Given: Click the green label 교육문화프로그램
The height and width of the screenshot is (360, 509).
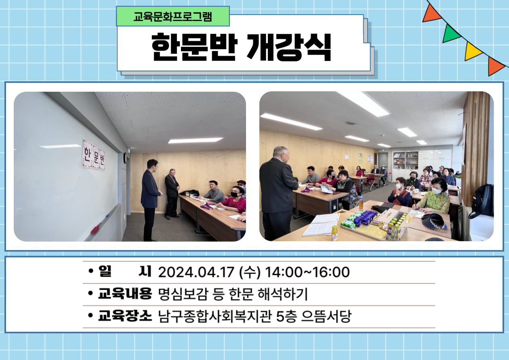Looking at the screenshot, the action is click(x=173, y=17).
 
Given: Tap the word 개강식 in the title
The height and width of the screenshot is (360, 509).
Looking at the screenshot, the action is click(x=289, y=47).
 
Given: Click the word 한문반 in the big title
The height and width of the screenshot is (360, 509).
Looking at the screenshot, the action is click(x=195, y=47).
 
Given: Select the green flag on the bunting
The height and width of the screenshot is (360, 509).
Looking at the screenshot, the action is click(x=450, y=34).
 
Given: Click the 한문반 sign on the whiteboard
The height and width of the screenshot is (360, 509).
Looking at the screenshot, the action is click(x=93, y=154).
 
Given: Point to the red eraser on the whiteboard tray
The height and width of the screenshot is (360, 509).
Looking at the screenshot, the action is click(x=95, y=229).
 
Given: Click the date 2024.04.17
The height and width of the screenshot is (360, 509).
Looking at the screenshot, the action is click(x=196, y=272).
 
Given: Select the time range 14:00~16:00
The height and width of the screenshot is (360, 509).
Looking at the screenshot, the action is click(x=307, y=272).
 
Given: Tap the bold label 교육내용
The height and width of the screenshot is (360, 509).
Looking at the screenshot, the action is click(x=125, y=294).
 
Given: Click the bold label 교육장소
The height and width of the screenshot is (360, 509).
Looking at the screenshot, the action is click(x=125, y=316).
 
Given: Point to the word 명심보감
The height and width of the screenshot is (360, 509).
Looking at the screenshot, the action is click(x=183, y=294).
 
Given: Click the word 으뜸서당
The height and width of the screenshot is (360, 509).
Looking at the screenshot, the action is click(x=326, y=316).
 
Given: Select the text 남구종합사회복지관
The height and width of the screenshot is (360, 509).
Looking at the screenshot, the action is click(x=215, y=316).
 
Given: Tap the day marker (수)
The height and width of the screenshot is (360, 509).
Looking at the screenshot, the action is click(x=250, y=272).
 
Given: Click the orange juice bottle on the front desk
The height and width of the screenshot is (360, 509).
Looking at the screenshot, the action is click(x=334, y=233).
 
